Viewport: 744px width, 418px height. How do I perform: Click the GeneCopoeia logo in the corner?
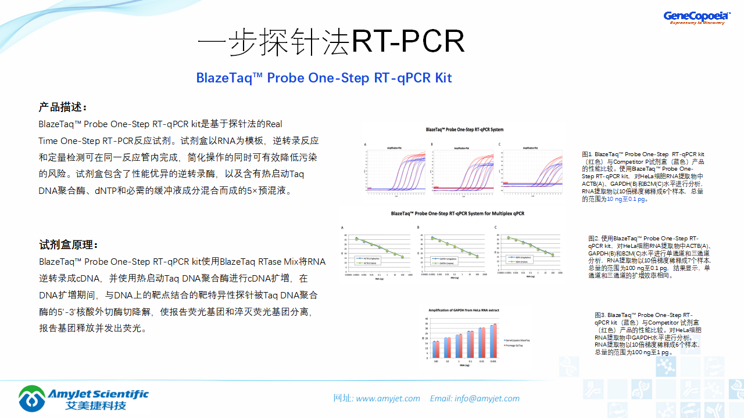[x=696, y=17]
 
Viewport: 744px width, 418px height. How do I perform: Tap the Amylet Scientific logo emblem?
[x=31, y=398]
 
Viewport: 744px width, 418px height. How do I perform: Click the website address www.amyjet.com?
[x=388, y=398]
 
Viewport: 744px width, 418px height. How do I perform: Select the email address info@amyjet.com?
[x=487, y=398]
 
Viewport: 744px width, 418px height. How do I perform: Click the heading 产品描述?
[x=63, y=107]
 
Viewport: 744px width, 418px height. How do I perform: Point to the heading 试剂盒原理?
[x=68, y=244]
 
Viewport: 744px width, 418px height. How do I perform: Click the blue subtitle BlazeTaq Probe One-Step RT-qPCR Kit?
[x=324, y=78]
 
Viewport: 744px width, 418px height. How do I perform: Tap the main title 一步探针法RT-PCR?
[x=331, y=42]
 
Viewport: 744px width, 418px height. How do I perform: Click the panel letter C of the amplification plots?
[x=499, y=144]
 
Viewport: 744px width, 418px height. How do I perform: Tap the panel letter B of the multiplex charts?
[x=418, y=227]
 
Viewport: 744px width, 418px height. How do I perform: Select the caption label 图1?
[x=587, y=154]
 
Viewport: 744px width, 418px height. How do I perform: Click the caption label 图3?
[x=600, y=315]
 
